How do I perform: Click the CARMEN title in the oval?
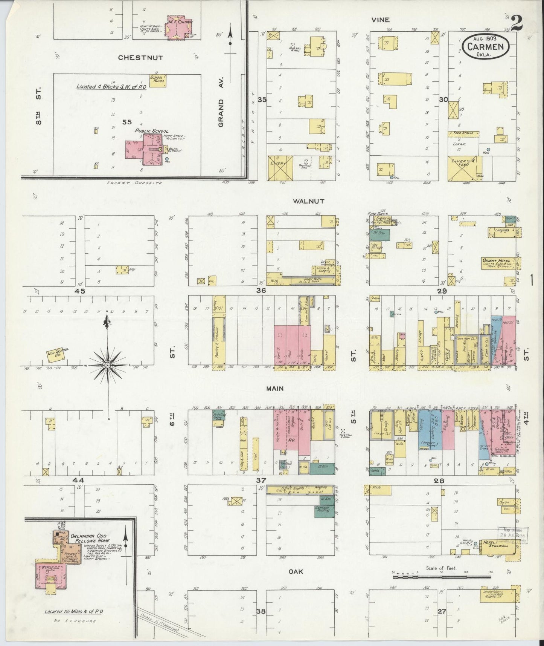(485, 47)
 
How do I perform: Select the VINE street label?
(380, 20)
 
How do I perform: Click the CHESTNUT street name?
(140, 58)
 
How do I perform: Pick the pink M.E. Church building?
(179, 26)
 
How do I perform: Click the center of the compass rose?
(108, 366)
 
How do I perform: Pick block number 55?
(127, 122)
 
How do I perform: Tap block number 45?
(80, 291)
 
